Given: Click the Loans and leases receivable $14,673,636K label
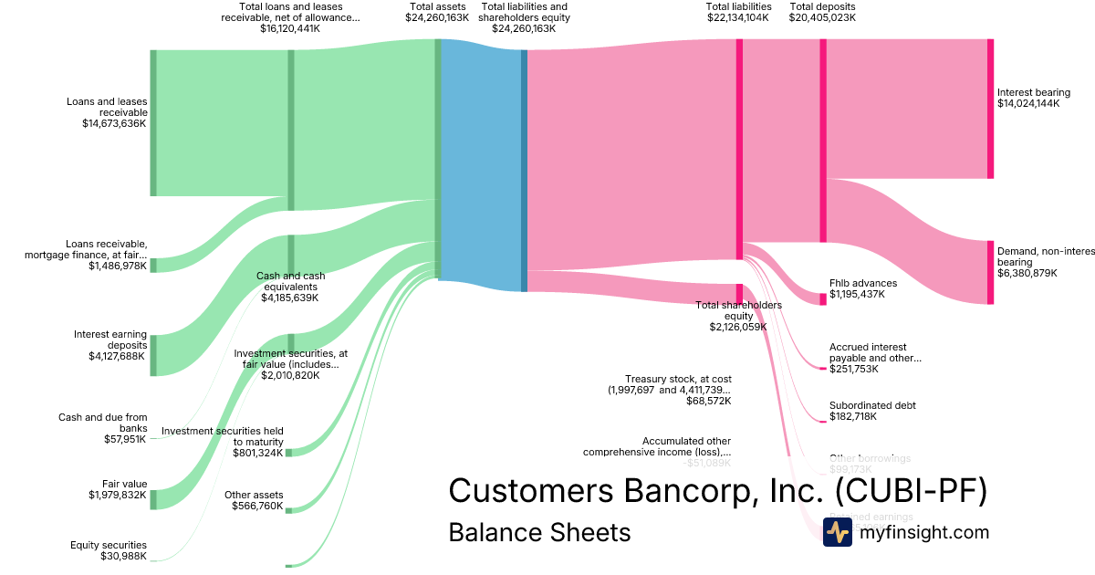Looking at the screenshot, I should pyautogui.click(x=107, y=112).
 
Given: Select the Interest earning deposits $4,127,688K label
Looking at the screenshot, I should pyautogui.click(x=110, y=345).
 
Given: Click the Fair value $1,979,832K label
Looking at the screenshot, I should pyautogui.click(x=118, y=490).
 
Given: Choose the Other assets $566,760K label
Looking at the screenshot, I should pyautogui.click(x=254, y=500).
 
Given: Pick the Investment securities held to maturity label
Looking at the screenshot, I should pyautogui.click(x=223, y=442).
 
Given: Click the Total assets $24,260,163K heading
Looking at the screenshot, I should pyautogui.click(x=437, y=12).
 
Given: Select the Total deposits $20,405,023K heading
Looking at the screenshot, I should pyautogui.click(x=822, y=12).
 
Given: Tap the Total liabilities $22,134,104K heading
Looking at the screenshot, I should pyautogui.click(x=739, y=12).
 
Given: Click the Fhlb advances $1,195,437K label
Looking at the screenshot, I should pyautogui.click(x=862, y=288).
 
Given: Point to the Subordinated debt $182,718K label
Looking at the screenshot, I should pyautogui.click(x=872, y=411).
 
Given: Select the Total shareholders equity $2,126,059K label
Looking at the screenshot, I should pyautogui.click(x=738, y=316).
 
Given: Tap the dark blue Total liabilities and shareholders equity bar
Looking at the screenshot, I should pyautogui.click(x=524, y=170).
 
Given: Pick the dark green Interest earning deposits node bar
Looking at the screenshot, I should pyautogui.click(x=153, y=355).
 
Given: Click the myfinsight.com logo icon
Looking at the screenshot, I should pyautogui.click(x=837, y=532).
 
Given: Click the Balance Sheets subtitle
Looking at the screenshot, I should pyautogui.click(x=539, y=532).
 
